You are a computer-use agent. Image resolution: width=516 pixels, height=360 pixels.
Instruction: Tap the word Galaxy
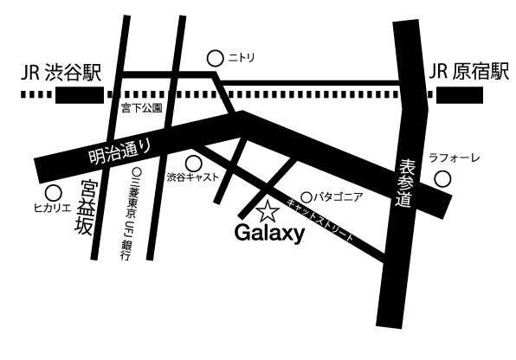tap(269, 234)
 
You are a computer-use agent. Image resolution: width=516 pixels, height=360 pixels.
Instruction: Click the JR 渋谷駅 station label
tap(61, 73)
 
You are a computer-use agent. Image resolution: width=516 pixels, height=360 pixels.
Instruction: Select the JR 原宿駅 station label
tap(469, 72)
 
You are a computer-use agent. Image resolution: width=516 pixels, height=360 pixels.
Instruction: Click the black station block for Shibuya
tap(80, 95)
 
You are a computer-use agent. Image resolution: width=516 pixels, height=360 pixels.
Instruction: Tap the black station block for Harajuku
tap(460, 95)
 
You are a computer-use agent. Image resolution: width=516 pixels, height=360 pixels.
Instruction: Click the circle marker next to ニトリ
tap(216, 59)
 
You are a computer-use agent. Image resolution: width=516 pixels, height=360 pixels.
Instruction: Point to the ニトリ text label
tap(242, 58)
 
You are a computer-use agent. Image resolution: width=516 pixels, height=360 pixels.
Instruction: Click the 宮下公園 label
tap(141, 108)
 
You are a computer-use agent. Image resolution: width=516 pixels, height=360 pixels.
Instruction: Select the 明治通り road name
tap(119, 151)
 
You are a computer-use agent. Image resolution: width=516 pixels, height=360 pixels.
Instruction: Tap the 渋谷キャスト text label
tap(192, 177)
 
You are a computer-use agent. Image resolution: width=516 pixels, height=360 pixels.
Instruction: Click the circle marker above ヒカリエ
tap(54, 194)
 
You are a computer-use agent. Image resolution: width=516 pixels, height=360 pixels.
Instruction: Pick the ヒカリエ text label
tap(53, 208)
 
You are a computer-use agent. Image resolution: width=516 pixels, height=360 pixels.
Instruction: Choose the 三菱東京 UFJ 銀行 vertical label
tap(128, 215)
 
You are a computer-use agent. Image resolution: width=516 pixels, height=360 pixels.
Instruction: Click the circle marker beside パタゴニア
tap(306, 197)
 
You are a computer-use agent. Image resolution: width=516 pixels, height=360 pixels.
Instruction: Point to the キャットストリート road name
tap(319, 220)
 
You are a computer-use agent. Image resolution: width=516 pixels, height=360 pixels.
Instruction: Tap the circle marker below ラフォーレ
tap(442, 179)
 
